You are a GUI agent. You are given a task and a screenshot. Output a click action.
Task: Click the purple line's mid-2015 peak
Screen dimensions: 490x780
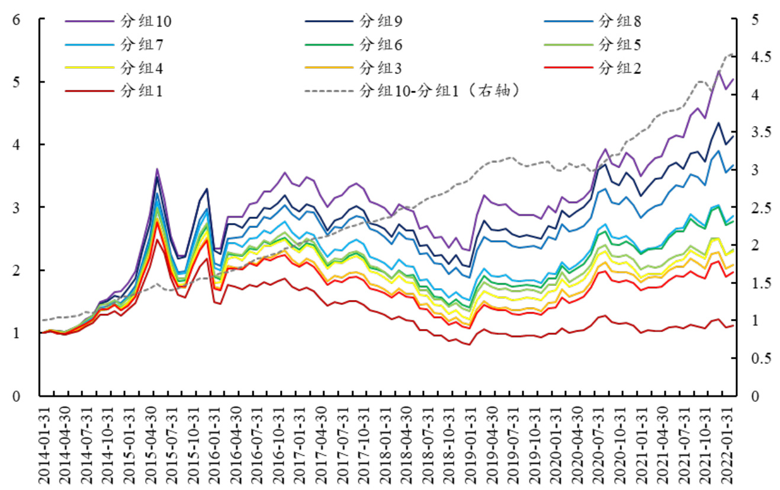click(x=157, y=169)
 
